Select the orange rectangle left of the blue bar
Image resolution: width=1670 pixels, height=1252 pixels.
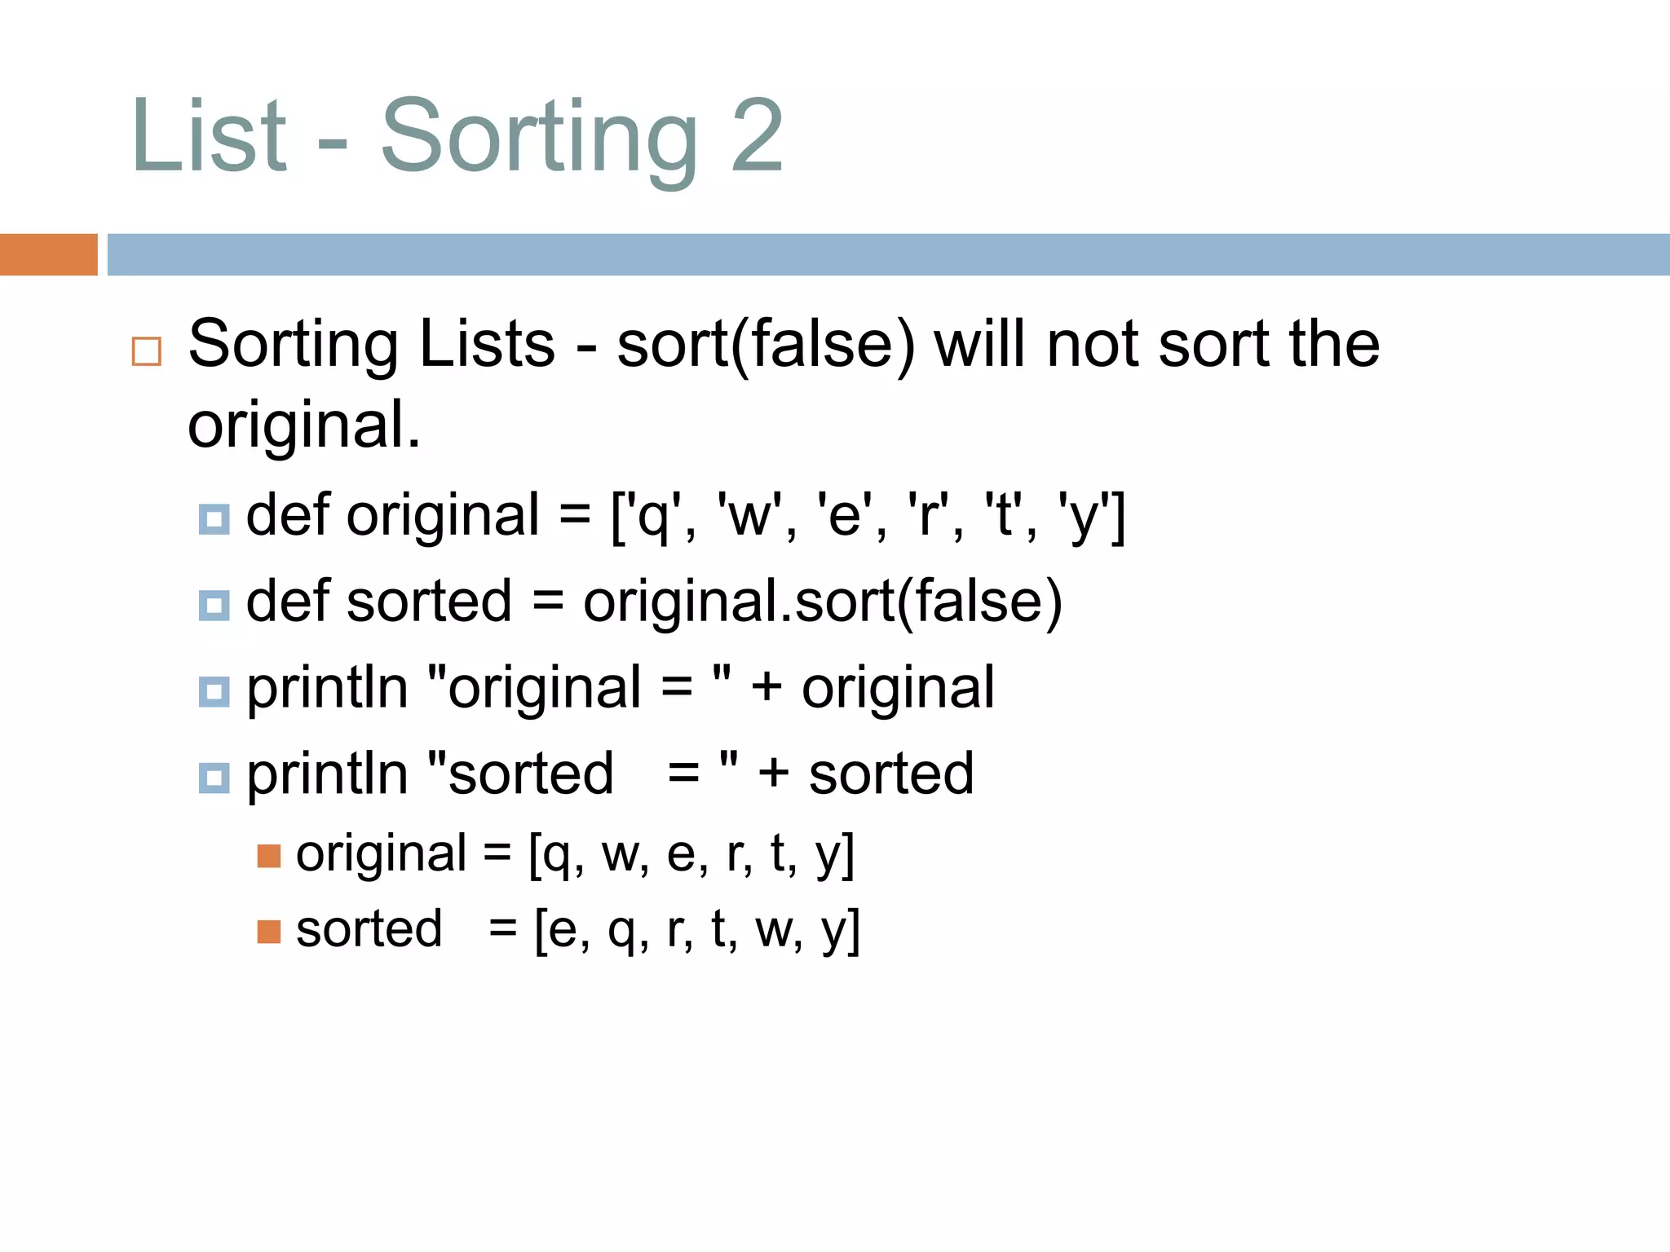[x=49, y=254]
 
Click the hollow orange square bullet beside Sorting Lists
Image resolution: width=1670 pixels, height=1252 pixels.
[x=147, y=351]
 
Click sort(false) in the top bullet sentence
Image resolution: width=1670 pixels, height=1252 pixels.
[x=766, y=346]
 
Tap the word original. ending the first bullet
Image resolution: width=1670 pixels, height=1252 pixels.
[x=303, y=425]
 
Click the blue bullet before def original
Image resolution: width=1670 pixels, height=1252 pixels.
[x=214, y=518]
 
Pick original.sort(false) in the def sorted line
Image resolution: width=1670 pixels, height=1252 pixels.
[x=822, y=602]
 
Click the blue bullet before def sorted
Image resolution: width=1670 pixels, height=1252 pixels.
[x=214, y=605]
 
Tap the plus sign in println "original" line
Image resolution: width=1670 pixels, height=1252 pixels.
[x=767, y=687]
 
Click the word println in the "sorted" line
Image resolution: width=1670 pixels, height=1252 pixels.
[x=327, y=774]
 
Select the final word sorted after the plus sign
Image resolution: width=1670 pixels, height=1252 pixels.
[x=891, y=774]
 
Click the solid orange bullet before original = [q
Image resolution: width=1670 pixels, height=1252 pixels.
[x=268, y=856]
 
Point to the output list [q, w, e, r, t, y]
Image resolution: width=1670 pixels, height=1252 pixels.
[x=691, y=856]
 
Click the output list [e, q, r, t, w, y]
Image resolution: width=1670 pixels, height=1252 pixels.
[x=696, y=930]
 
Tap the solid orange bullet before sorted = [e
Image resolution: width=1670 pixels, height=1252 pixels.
[x=268, y=931]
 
